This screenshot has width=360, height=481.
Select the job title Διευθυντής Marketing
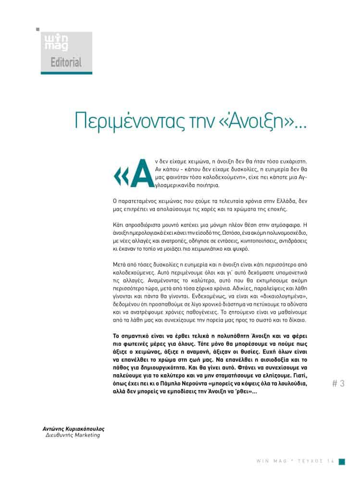(x=73, y=435)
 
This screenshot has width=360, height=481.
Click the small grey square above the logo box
(x=38, y=30)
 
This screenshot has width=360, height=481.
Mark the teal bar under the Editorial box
(x=66, y=72)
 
